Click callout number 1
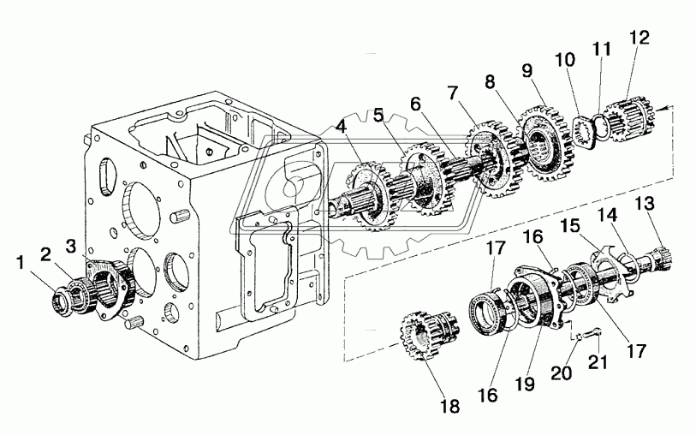(x=21, y=263)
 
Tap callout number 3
(x=71, y=246)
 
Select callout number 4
(x=341, y=127)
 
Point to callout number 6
(x=415, y=104)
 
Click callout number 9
(x=527, y=70)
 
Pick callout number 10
(x=564, y=59)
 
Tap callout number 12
(x=639, y=38)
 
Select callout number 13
(x=645, y=204)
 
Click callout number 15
(x=570, y=226)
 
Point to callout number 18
(x=449, y=406)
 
